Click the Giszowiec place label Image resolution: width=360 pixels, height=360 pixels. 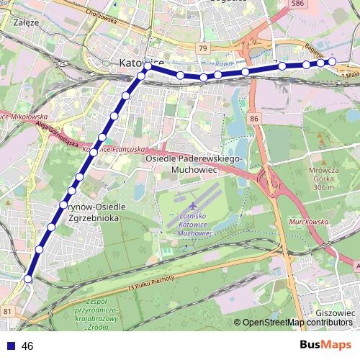[335, 314]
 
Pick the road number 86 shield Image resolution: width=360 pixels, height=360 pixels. [253, 117]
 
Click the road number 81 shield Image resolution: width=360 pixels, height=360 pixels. [7, 311]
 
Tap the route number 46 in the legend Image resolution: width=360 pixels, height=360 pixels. [28, 346]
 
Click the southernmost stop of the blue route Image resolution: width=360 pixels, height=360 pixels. [28, 279]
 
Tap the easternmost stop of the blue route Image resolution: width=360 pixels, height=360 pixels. [333, 62]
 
